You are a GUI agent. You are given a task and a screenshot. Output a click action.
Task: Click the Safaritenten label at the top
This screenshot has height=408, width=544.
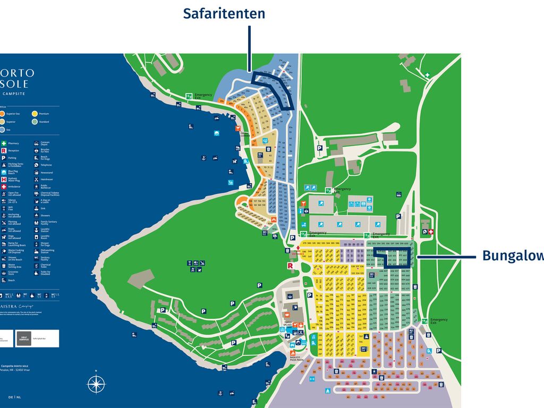pyautogui.click(x=224, y=13)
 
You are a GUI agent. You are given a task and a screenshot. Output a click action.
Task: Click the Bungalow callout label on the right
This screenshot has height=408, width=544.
pyautogui.click(x=513, y=256)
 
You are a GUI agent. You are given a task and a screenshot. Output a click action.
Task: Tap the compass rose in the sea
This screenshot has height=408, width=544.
pyautogui.click(x=96, y=384)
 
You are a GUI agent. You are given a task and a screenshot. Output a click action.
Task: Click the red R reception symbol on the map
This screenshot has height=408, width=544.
pyautogui.click(x=291, y=266)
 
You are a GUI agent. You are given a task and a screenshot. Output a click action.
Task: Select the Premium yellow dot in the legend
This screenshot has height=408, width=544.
pyautogui.click(x=35, y=114)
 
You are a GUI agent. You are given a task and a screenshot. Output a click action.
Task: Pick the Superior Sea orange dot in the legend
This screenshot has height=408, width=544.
pyautogui.click(x=3, y=114)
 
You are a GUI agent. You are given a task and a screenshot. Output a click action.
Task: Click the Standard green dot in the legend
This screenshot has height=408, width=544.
pyautogui.click(x=35, y=122)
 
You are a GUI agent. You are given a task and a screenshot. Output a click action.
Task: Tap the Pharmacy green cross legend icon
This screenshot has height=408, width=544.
pyautogui.click(x=3, y=143)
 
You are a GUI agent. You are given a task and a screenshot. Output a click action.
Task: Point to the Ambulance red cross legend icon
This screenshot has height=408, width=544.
pyautogui.click(x=3, y=186)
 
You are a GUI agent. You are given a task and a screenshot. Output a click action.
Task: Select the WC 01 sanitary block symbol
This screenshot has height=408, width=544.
pyautogui.click(x=260, y=155)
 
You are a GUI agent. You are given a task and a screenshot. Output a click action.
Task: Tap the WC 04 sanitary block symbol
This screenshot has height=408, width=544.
pyautogui.click(x=364, y=348)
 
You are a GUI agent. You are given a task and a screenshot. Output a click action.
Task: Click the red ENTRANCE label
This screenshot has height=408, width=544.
pyautogui.click(x=298, y=254)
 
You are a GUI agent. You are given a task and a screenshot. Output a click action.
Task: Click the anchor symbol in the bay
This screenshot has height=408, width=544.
pyautogui.click(x=218, y=393)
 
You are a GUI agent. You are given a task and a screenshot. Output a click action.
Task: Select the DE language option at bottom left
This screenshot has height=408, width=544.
pyautogui.click(x=11, y=397)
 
